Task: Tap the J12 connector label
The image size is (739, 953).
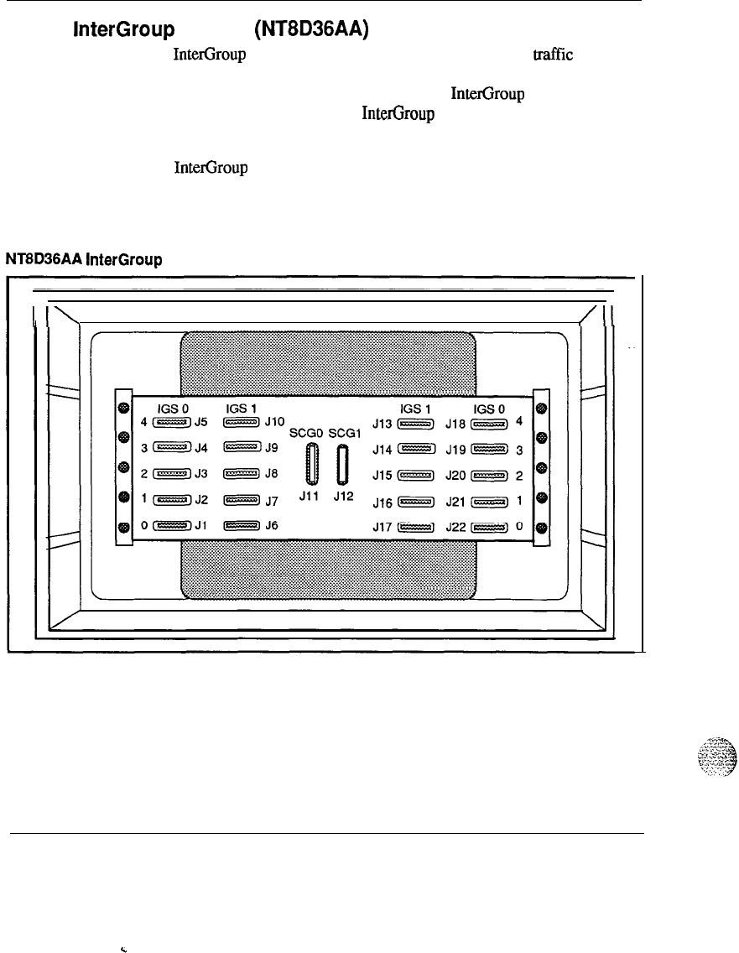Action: [x=344, y=495]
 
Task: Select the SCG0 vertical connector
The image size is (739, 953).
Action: [x=314, y=464]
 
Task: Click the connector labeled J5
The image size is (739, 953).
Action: [x=173, y=423]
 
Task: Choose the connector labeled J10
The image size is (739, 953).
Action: [x=242, y=423]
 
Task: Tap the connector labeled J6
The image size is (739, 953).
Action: [x=242, y=527]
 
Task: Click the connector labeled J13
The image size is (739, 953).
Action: [x=415, y=424]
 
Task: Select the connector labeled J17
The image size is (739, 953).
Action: [x=415, y=528]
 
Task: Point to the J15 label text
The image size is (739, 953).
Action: [x=383, y=476]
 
